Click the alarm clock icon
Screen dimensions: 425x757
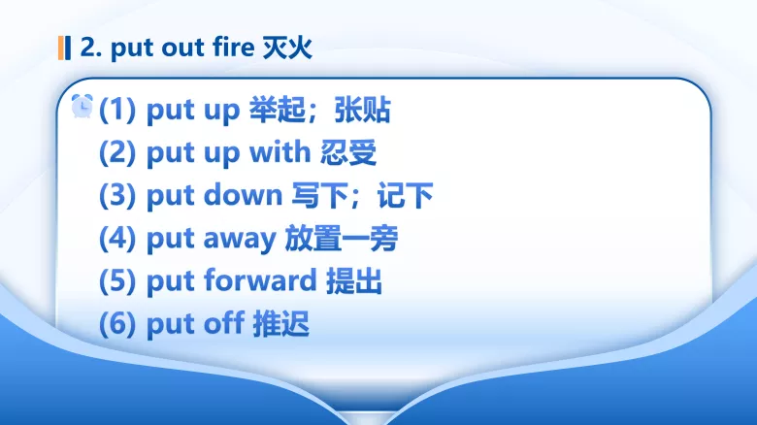[x=82, y=106]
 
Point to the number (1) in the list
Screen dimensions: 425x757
[x=118, y=111]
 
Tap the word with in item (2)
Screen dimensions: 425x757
[x=280, y=153]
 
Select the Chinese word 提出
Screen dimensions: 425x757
[x=354, y=281]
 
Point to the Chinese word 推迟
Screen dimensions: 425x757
[x=281, y=324]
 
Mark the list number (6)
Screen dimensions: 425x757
[x=118, y=324]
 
